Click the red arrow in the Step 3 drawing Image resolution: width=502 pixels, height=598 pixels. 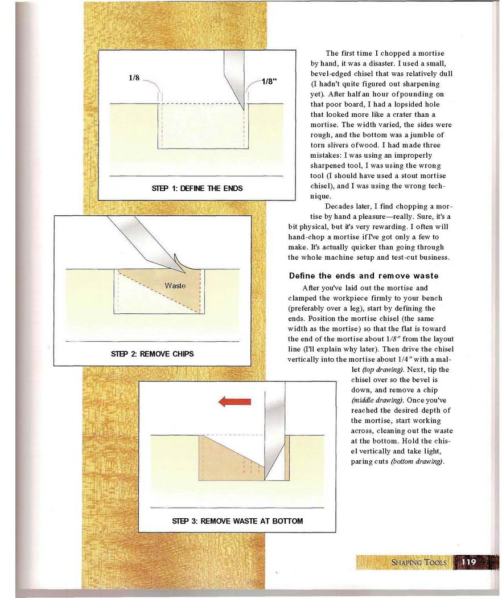coord(234,402)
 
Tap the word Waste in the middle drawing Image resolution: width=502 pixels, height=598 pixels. coord(175,285)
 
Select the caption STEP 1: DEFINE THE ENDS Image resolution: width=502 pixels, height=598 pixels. coord(197,188)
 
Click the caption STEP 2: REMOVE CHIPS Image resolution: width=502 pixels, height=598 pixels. coord(152,354)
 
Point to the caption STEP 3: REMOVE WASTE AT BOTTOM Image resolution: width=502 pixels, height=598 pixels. coord(237,521)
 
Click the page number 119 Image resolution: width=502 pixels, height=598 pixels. coord(468,562)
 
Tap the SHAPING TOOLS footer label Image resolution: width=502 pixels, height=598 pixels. coord(419,563)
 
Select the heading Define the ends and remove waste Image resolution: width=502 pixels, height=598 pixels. coord(364,276)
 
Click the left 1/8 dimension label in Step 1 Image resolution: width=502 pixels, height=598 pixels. coord(134,79)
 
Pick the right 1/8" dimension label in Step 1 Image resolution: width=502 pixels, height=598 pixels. coord(269,81)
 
